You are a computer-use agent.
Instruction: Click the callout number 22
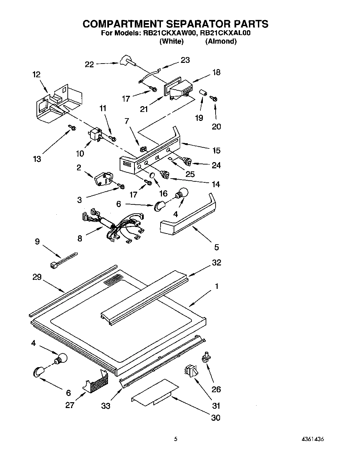89,64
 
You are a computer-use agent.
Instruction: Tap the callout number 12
36,75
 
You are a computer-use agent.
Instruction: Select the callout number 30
216,418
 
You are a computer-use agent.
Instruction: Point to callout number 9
37,241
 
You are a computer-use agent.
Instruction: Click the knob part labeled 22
127,60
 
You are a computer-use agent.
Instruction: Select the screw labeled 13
72,127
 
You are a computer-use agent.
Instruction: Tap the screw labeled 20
215,99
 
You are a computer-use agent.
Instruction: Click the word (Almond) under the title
221,41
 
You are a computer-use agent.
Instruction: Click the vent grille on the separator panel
113,280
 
